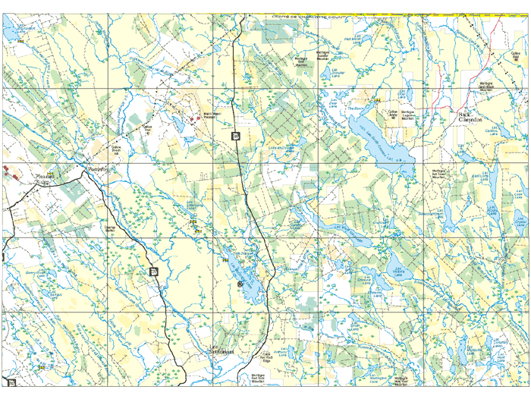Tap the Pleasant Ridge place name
[46, 177]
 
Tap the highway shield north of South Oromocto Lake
[236, 135]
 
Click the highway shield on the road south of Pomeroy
[153, 271]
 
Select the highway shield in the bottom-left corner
[11, 381]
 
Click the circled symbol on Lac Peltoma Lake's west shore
[240, 284]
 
